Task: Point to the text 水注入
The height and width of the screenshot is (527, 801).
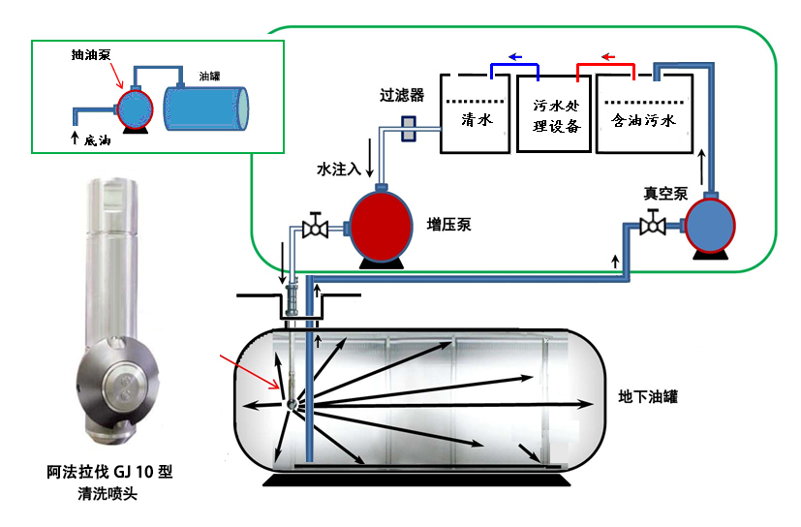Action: pyautogui.click(x=339, y=169)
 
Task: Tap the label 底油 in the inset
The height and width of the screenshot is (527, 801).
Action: pyautogui.click(x=98, y=139)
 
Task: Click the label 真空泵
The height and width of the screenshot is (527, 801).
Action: pyautogui.click(x=663, y=193)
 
